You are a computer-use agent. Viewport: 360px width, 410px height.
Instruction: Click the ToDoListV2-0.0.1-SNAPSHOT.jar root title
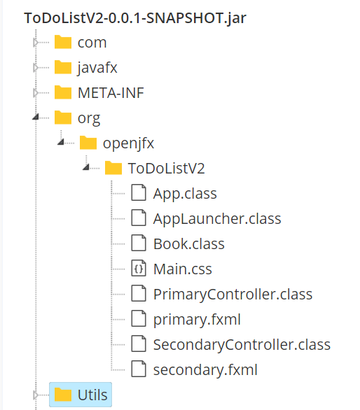135,18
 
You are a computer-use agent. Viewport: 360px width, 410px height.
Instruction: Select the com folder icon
63,42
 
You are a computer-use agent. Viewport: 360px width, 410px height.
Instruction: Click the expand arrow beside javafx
36,68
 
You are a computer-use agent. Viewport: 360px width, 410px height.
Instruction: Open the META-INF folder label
111,93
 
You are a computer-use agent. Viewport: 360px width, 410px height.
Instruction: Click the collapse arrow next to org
36,117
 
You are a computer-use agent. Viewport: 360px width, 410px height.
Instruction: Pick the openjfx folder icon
88,143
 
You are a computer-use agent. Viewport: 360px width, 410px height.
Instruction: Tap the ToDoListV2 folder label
166,168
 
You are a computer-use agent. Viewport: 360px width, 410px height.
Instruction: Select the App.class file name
185,194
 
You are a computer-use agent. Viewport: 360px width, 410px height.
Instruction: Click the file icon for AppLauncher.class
139,218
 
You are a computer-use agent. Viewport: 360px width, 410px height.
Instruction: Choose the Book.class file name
189,244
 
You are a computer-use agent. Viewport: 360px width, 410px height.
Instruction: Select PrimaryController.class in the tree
233,295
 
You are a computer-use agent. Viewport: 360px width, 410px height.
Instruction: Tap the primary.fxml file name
197,320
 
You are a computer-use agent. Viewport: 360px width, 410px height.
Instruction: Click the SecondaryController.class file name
242,345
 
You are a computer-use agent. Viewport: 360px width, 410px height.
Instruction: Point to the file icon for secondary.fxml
139,369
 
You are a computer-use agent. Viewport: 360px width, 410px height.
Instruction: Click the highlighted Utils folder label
92,395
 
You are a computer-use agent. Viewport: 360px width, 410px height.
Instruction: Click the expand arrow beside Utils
36,395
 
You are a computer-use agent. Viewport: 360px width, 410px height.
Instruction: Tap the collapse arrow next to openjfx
61,142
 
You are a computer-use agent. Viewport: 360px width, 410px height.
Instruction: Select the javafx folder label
97,68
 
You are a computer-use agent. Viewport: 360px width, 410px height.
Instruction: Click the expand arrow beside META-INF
36,93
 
